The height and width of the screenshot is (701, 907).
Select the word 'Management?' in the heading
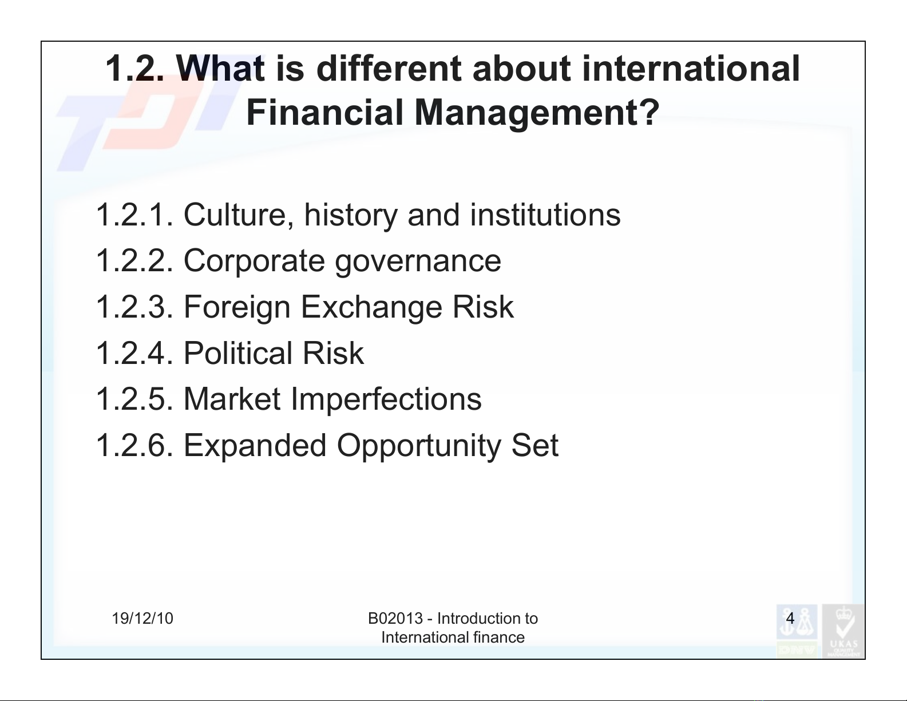point(537,113)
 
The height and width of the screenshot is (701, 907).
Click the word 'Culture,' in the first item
point(239,216)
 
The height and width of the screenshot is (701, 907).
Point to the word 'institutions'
point(545,215)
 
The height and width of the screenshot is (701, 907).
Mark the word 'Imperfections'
point(386,400)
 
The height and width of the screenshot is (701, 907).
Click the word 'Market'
point(232,399)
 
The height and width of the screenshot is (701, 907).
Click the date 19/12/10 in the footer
point(142,619)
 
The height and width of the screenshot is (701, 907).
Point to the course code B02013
point(395,619)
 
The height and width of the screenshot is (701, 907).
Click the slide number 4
point(790,618)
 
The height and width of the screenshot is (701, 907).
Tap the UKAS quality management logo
point(843,631)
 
